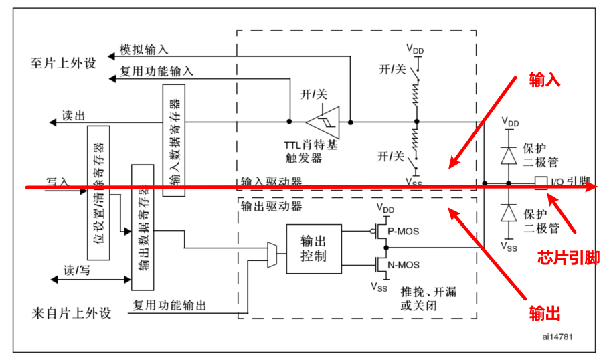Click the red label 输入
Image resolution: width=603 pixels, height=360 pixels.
[x=544, y=80]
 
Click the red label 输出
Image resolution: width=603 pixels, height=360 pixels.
[x=544, y=314]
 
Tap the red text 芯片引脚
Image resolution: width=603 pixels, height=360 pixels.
[x=568, y=258]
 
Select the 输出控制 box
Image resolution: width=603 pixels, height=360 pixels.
[x=313, y=248]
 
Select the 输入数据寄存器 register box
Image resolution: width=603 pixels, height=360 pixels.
[x=174, y=141]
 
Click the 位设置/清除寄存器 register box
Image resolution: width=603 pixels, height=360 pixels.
[x=98, y=191]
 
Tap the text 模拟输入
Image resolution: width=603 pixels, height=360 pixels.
[x=144, y=50]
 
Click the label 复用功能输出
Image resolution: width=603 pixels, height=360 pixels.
[x=169, y=306]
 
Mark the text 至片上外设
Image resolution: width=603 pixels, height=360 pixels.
[x=64, y=63]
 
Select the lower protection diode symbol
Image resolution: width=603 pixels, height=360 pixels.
[x=509, y=213]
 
